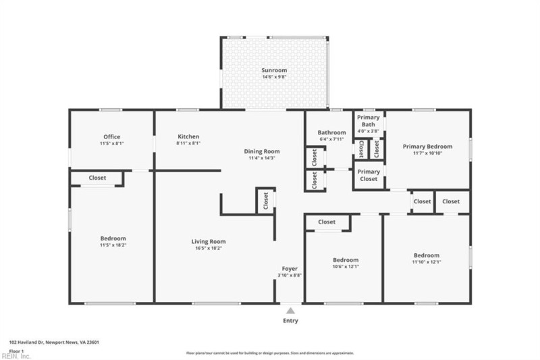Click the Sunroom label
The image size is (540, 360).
click(275, 70)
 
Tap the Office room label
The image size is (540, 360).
click(111, 136)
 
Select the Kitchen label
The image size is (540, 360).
click(188, 136)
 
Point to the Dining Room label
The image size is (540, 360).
click(262, 151)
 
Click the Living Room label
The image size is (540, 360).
click(208, 241)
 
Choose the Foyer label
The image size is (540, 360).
click(290, 269)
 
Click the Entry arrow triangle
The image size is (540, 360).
click(290, 311)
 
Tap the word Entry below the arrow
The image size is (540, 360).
click(290, 321)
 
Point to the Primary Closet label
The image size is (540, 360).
click(369, 175)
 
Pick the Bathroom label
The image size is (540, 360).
click(332, 132)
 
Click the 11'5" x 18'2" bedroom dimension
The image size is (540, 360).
click(113, 246)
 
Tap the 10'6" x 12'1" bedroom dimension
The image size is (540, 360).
click(345, 267)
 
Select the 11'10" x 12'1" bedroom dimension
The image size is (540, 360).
click(427, 262)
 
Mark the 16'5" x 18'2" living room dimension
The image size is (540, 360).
click(208, 249)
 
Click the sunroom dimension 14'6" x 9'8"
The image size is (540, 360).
click(275, 78)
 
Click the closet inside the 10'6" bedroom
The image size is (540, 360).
click(327, 222)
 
